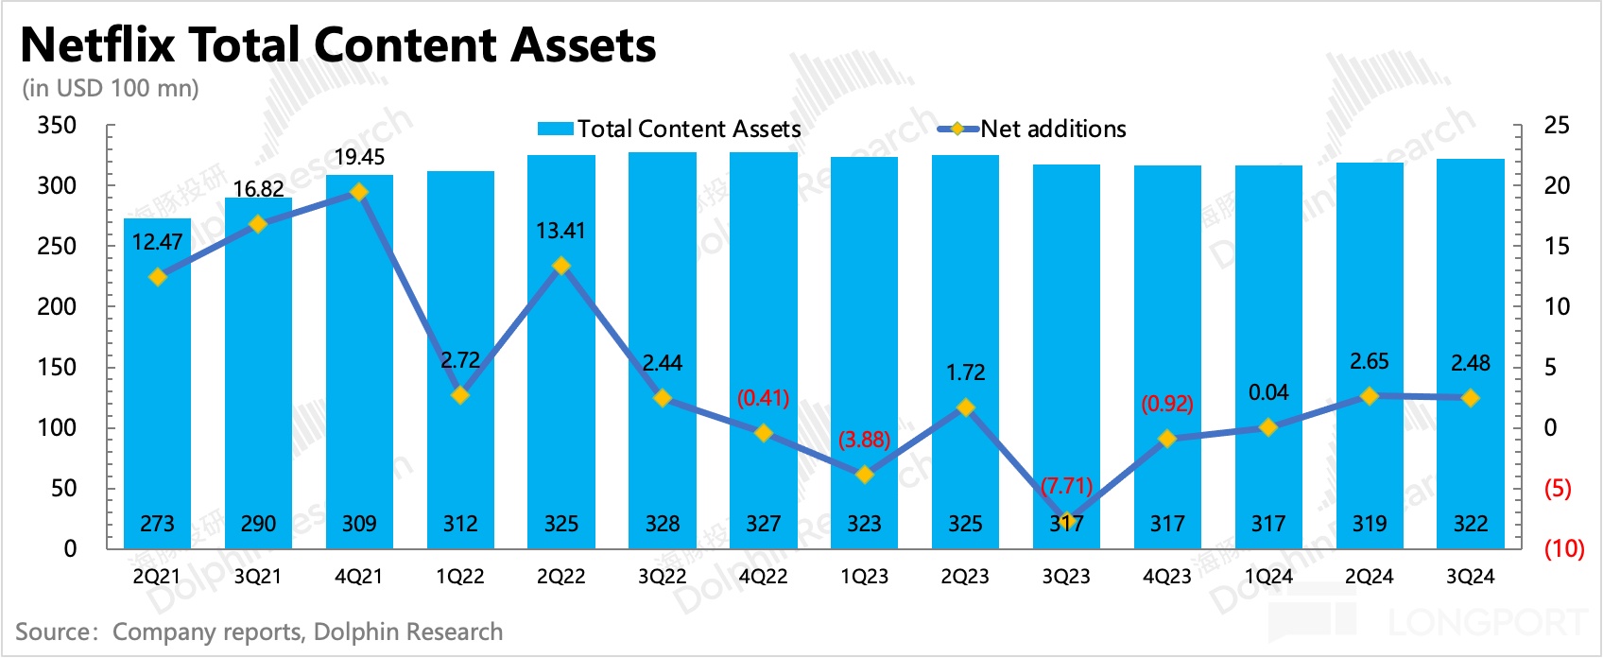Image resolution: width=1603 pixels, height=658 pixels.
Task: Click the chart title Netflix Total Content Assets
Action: (x=338, y=44)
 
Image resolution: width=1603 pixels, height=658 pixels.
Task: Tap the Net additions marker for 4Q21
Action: (x=359, y=192)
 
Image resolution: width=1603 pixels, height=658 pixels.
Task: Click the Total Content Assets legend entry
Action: (x=669, y=129)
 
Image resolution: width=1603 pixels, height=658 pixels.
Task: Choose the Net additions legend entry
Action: (x=1032, y=129)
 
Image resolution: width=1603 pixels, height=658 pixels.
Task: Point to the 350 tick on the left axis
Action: (x=57, y=126)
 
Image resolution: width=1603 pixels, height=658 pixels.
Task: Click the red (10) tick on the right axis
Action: (x=1563, y=548)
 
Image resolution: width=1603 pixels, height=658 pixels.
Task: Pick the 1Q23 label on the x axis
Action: (x=864, y=577)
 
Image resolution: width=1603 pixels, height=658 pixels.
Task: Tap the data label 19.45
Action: (x=359, y=157)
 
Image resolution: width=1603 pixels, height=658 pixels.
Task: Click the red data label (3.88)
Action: (x=864, y=440)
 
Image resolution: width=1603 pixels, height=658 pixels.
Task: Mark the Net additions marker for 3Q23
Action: (x=1066, y=522)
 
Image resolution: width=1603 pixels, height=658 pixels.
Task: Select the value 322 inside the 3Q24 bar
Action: (x=1470, y=524)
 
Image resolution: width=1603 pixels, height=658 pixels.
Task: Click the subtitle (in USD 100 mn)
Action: (x=111, y=88)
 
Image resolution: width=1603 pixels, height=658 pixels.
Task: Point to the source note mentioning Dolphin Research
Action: (x=259, y=632)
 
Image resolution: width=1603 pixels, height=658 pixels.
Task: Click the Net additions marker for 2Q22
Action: (x=561, y=266)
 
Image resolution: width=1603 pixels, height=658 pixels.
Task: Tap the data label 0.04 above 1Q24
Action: (x=1267, y=392)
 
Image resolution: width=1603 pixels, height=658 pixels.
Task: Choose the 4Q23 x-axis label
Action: (x=1167, y=577)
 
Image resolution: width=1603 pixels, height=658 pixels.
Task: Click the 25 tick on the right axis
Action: (x=1556, y=126)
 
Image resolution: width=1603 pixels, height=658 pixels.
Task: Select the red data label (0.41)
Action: (x=763, y=398)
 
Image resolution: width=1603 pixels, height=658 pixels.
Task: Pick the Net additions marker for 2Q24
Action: (x=1369, y=396)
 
